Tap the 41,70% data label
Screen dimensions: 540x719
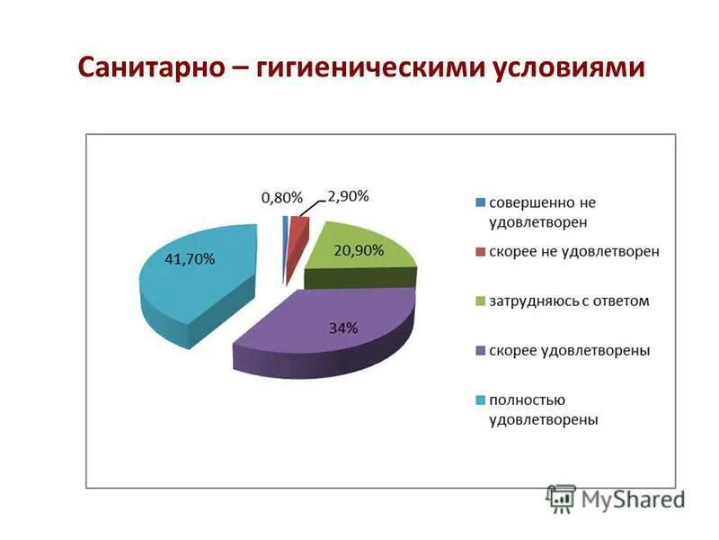[190, 259]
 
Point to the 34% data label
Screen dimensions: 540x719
[343, 328]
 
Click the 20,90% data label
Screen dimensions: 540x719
[359, 250]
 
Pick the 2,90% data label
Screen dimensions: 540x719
[347, 195]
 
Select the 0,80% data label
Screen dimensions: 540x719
[282, 197]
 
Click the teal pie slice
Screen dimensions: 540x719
[198, 279]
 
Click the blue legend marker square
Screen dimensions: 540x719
[480, 202]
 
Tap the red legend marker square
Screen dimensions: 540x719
[480, 251]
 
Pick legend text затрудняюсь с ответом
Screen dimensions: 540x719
[568, 301]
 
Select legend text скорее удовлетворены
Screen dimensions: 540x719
[569, 349]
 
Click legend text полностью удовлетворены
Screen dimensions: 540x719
[543, 409]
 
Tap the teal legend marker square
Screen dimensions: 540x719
[480, 399]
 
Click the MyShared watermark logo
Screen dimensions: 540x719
[616, 498]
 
